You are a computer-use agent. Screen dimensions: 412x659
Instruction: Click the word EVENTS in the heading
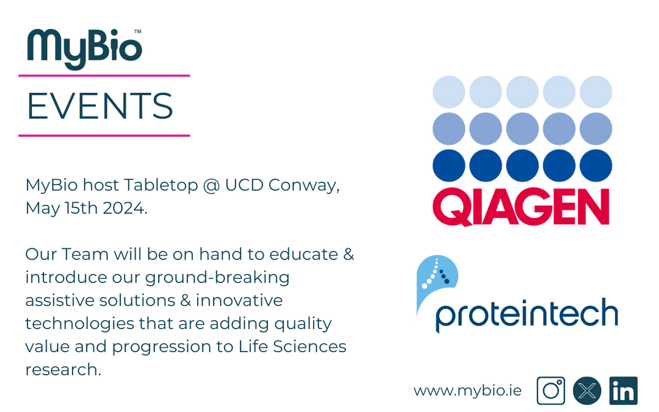tap(100, 106)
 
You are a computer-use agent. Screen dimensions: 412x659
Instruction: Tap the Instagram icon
tap(550, 391)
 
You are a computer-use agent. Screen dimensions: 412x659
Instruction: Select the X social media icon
tap(587, 391)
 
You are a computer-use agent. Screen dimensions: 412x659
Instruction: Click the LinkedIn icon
tap(623, 391)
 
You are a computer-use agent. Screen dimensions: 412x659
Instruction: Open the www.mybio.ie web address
tap(467, 391)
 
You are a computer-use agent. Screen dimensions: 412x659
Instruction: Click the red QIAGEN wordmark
tap(521, 207)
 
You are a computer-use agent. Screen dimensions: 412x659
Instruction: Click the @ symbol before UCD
tap(210, 185)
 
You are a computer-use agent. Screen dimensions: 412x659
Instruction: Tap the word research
tap(62, 369)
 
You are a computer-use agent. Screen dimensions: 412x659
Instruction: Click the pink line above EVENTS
tap(104, 76)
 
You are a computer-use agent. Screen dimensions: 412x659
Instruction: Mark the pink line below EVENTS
tap(104, 136)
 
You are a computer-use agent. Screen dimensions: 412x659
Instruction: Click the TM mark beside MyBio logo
tap(137, 31)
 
